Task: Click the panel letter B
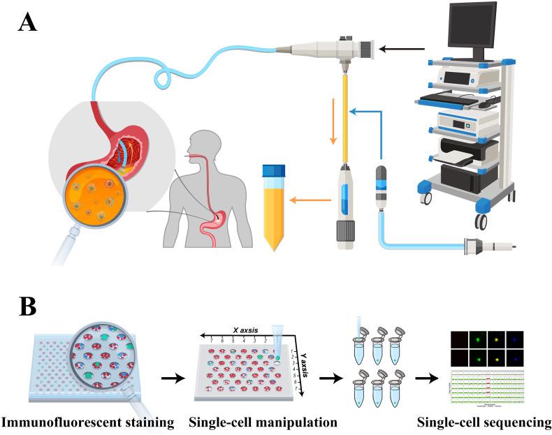(28, 308)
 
